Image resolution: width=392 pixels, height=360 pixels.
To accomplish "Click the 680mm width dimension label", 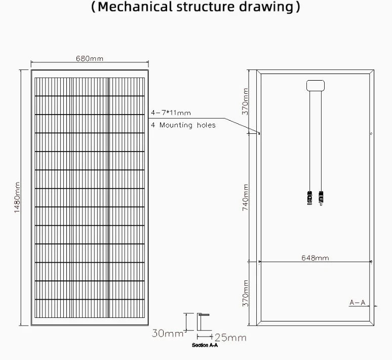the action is [90, 59].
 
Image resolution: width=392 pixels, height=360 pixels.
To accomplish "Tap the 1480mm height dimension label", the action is [17, 198].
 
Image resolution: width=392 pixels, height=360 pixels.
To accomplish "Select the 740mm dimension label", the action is [246, 198].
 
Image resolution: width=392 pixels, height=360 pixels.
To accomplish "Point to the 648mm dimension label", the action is [315, 258].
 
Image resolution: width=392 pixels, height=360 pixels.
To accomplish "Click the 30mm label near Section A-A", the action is [168, 333].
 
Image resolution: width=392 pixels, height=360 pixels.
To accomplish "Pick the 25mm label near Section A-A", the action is [230, 338].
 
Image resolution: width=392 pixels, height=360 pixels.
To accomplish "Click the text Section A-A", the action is [205, 345].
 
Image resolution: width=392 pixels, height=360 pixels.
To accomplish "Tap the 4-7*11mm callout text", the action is [171, 113].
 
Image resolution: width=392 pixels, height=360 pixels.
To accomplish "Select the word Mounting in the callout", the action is [176, 125].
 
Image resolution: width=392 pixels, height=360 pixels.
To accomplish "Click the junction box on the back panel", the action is [316, 86].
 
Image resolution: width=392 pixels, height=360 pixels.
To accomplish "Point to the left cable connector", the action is [309, 198].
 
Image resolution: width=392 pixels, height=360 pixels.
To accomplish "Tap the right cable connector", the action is [321, 198].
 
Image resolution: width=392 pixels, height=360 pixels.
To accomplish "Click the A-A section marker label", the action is [358, 302].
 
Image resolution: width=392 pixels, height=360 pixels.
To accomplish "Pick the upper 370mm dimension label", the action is [245, 101].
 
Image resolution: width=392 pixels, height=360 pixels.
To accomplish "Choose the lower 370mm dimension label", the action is [246, 293].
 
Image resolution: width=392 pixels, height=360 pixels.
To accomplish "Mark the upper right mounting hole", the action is [371, 133].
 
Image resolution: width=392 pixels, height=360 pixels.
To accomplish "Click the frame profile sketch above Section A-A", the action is [203, 322].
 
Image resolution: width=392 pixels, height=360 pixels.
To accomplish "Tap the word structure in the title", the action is [206, 7].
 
